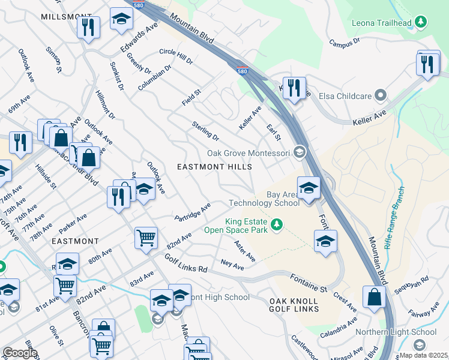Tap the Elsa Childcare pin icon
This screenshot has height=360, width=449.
(379, 95)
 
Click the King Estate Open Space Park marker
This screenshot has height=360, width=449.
(276, 225)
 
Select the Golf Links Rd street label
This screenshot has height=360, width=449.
(185, 263)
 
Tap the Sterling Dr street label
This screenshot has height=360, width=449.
(205, 131)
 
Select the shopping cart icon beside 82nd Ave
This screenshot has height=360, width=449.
(146, 238)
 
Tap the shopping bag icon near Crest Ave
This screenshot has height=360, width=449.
(374, 297)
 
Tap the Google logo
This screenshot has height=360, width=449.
(20, 353)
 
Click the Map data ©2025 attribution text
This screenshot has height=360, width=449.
(423, 355)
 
